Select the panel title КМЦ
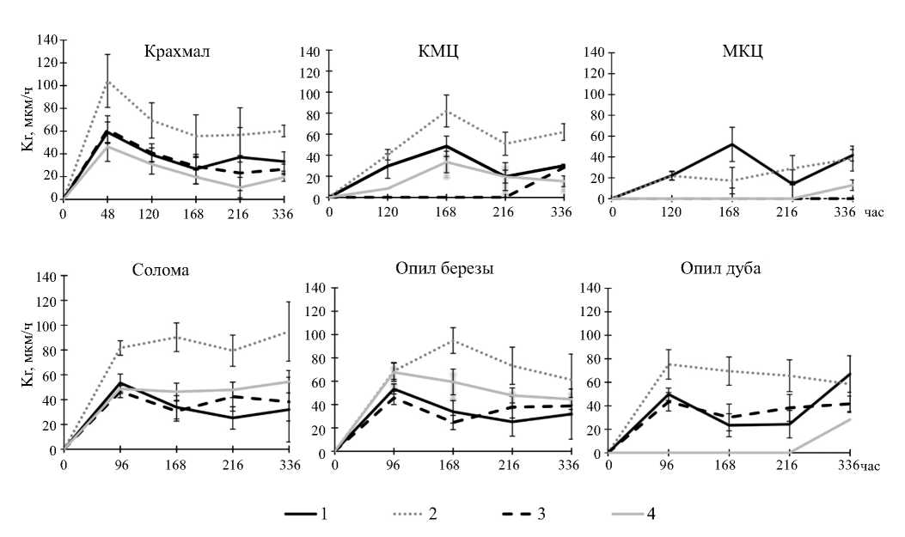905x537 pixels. pyautogui.click(x=442, y=51)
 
